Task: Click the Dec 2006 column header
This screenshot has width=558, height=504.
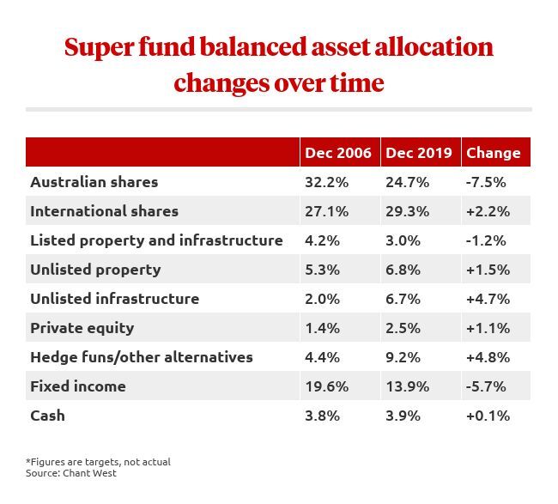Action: coord(338,153)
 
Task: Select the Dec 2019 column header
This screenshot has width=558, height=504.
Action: coord(419,153)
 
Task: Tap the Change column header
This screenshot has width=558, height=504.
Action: coord(493,153)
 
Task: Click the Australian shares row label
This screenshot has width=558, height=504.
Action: coord(94,182)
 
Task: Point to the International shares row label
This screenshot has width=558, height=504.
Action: coord(104,211)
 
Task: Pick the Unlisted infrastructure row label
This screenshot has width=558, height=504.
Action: coord(114,299)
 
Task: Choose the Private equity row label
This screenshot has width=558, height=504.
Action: coord(82,328)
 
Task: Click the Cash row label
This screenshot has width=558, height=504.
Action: coord(47,416)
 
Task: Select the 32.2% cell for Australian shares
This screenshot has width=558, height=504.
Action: coord(326,182)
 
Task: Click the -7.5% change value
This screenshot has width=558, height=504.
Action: coord(486,182)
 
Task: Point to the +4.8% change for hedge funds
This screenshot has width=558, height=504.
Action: coord(488,357)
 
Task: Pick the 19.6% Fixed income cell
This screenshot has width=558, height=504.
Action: coord(326,386)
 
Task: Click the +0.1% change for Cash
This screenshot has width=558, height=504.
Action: coord(488,416)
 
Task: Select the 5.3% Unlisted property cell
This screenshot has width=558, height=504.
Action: coord(323,270)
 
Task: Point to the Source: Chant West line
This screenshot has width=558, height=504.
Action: coord(71,473)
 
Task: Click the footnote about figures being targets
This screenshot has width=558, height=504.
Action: coord(98,462)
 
